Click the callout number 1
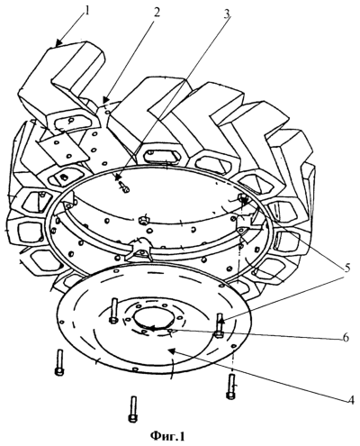pyautogui.click(x=86, y=11)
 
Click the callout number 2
pyautogui.click(x=157, y=12)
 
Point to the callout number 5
pyautogui.click(x=346, y=268)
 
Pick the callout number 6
pyautogui.click(x=345, y=338)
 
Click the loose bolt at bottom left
pyautogui.click(x=59, y=362)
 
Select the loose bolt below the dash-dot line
pyautogui.click(x=230, y=387)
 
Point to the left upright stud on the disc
pyautogui.click(x=113, y=311)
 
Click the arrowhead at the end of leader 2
pyautogui.click(x=105, y=99)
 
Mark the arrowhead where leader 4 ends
pyautogui.click(x=172, y=350)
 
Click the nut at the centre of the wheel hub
pyautogui.click(x=143, y=220)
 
